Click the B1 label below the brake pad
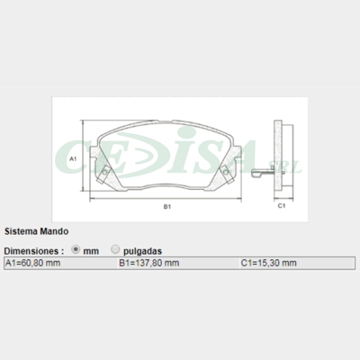pyautogui.click(x=167, y=207)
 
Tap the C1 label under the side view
pyautogui.click(x=281, y=207)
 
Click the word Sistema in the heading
pyautogui.click(x=21, y=230)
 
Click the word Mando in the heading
pyautogui.click(x=53, y=230)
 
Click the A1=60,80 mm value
pyautogui.click(x=32, y=263)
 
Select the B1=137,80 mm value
pyautogui.click(x=149, y=263)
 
